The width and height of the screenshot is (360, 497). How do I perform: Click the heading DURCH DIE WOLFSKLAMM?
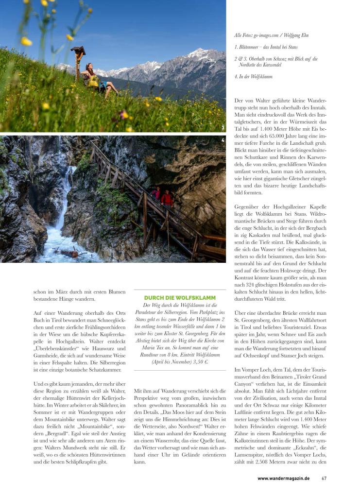tap(180, 297)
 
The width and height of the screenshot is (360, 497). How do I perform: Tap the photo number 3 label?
tap(223, 128)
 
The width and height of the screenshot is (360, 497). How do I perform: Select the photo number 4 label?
tap(223, 140)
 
